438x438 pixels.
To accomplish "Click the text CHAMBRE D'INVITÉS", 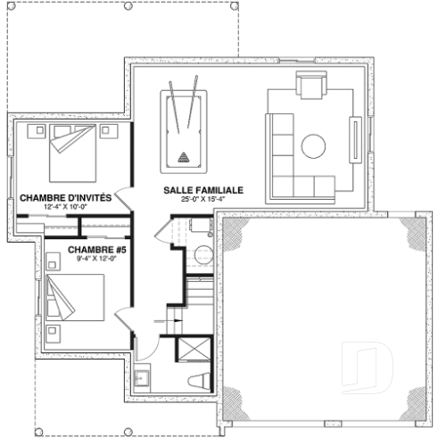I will (64, 197).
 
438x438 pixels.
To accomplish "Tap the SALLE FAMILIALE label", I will (202, 191).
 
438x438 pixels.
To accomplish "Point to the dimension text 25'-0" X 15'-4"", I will (202, 200).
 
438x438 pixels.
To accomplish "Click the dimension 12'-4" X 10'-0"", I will (64, 206).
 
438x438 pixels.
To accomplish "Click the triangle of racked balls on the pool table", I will (185, 158).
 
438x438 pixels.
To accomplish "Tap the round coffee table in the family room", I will (313, 145).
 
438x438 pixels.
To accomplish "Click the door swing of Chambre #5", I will (125, 319).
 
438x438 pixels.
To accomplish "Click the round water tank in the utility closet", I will (201, 250).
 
